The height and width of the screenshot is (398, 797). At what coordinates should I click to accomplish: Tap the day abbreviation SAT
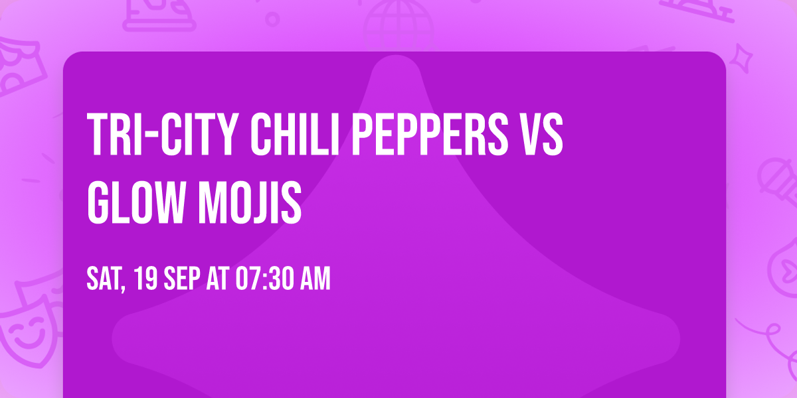point(102,280)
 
